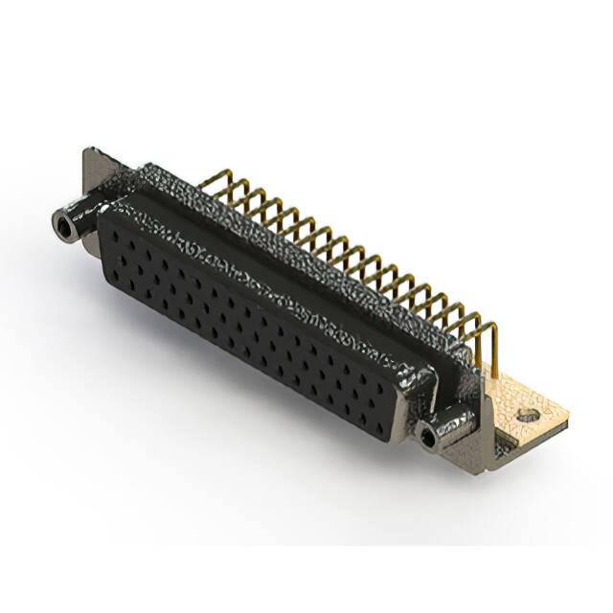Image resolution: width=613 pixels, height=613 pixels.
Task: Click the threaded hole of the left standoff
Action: point(63,226)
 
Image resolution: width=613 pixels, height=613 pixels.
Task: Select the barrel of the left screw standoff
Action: point(77,220)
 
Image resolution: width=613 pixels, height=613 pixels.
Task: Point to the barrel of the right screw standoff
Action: point(446,429)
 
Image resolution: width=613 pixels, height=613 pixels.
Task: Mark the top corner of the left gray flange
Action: point(88,150)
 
